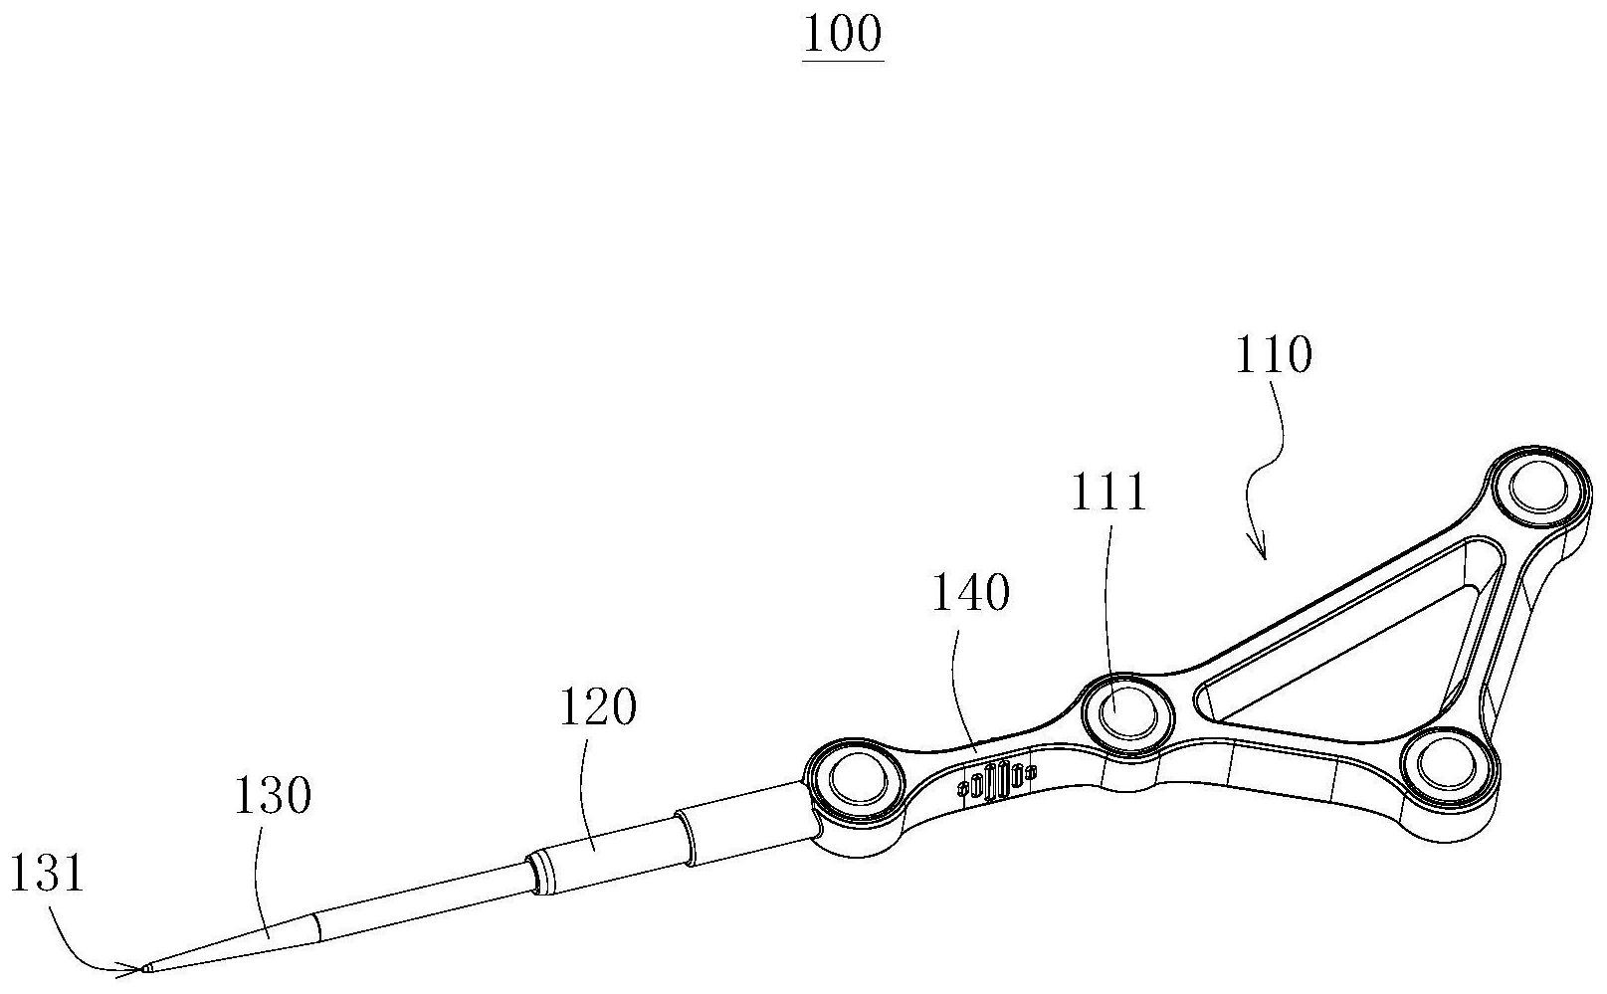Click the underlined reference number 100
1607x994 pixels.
pos(842,36)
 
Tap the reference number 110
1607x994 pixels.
pos(1274,355)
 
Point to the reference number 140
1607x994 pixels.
pos(970,595)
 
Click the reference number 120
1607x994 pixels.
pos(597,708)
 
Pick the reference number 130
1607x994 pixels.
pos(272,796)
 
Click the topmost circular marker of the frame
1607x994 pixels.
pos(1537,489)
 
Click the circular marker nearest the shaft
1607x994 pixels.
pos(855,777)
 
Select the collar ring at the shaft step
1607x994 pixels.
pos(542,867)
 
